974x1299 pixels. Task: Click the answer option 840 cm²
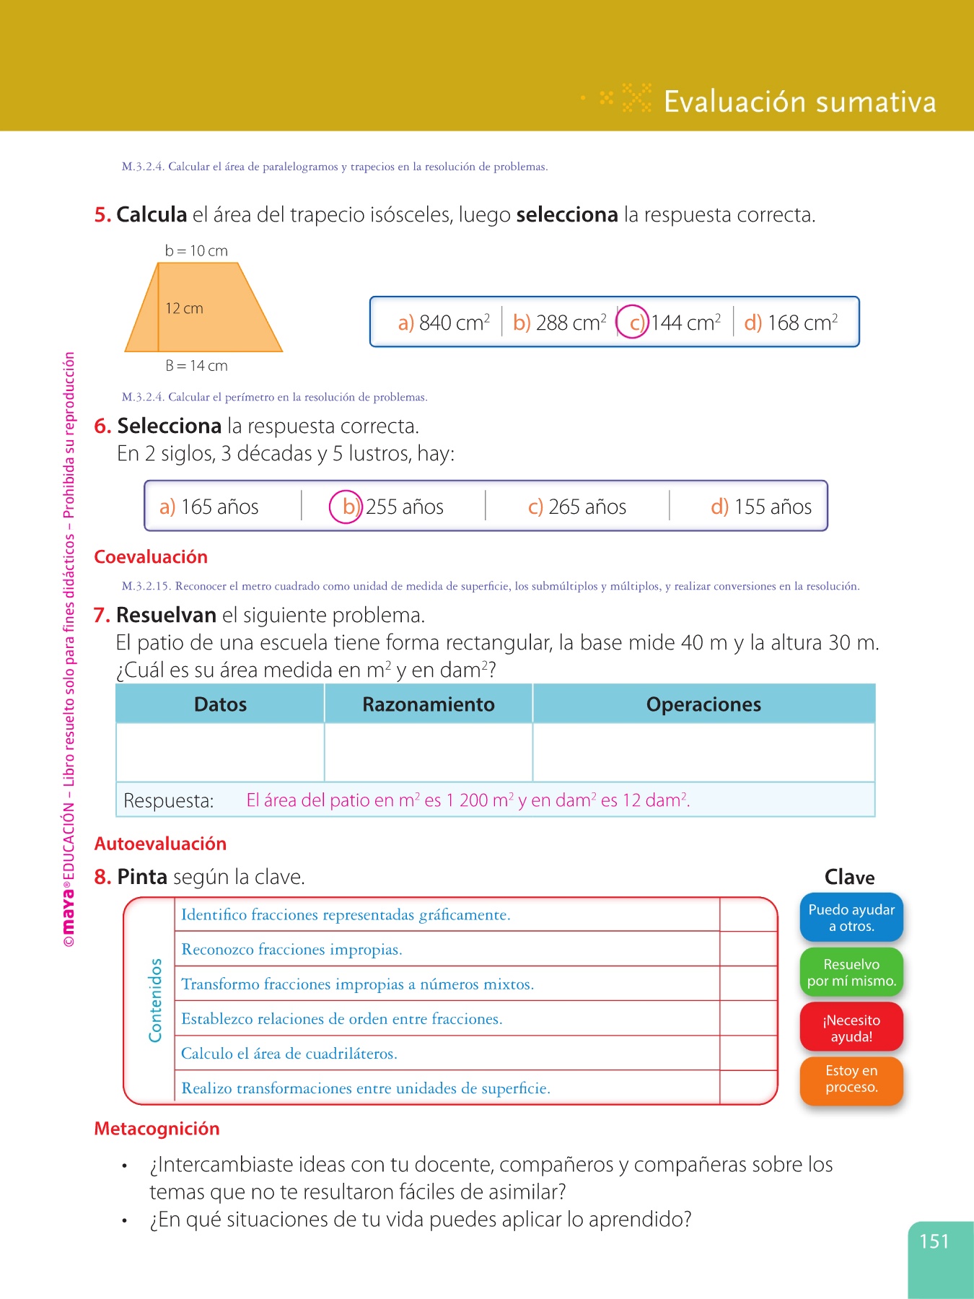(444, 323)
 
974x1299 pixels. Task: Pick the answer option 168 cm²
(791, 323)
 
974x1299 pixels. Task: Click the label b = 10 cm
(196, 251)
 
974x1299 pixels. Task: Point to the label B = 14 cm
(196, 366)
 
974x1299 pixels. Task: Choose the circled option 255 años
(387, 507)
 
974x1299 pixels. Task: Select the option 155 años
(761, 507)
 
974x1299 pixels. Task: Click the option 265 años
(577, 507)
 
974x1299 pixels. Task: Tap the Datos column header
(220, 704)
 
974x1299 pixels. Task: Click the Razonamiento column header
(429, 704)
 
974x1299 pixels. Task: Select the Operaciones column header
(703, 704)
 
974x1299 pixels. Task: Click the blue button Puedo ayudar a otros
(851, 918)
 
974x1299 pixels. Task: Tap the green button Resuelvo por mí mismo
(851, 973)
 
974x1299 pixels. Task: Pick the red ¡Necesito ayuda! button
(851, 1028)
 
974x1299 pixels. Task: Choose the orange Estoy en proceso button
(851, 1080)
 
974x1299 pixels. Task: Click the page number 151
(934, 1242)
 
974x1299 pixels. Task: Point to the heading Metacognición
(157, 1129)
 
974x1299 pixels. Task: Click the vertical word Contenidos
(155, 1000)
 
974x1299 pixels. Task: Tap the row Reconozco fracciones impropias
(291, 950)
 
